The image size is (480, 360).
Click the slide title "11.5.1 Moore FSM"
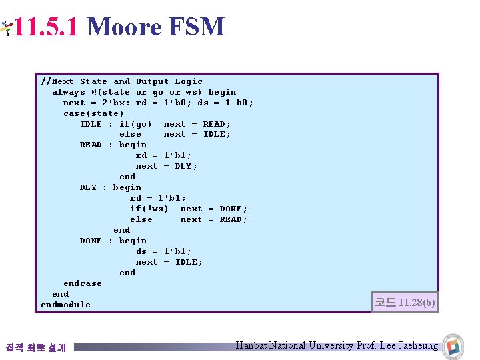tap(119, 27)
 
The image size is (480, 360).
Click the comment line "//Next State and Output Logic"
tap(121, 81)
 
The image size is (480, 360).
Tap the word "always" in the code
tap(69, 92)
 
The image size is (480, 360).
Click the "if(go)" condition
tap(135, 124)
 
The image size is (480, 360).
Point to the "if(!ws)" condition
tap(149, 209)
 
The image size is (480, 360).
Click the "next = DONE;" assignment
tap(213, 209)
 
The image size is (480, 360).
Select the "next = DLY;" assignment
tap(167, 166)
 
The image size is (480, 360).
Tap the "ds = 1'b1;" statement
tap(163, 251)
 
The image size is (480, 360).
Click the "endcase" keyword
tap(83, 283)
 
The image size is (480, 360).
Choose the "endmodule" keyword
tap(65, 305)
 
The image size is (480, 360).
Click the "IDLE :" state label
tap(96, 124)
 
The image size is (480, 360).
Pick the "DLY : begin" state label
tap(110, 187)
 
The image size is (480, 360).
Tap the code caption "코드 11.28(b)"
tap(405, 303)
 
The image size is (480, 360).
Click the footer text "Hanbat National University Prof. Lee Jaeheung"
tap(337, 345)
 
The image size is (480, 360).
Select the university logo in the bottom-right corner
tap(454, 345)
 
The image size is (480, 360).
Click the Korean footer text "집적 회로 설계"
tap(35, 347)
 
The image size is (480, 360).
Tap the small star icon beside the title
tap(6, 27)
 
